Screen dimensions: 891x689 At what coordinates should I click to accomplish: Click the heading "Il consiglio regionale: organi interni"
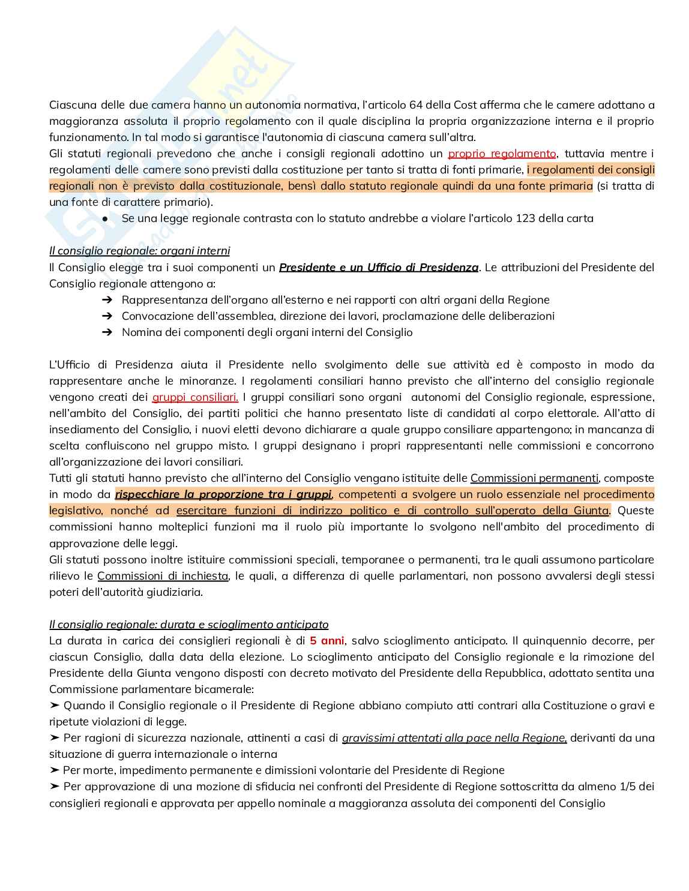coord(139,251)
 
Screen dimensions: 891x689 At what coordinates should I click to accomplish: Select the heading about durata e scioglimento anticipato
coord(188,625)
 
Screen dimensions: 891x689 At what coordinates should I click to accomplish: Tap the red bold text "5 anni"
coord(327,641)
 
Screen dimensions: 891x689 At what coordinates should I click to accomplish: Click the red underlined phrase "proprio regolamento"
coord(502,154)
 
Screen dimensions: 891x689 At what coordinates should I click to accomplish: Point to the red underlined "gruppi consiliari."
coord(195,397)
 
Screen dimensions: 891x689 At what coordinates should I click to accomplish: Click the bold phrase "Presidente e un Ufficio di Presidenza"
coord(379,267)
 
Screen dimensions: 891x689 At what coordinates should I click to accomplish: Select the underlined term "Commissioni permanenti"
coord(534,478)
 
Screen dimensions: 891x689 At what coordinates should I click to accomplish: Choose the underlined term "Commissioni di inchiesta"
coord(163,576)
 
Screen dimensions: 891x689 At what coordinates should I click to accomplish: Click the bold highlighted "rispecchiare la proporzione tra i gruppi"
coord(223,494)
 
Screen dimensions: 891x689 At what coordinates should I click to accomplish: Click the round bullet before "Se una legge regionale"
coord(105,219)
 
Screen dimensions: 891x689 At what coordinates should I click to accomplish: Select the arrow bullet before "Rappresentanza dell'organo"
coord(107,300)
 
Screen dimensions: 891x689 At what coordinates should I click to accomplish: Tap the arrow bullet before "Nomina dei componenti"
coord(107,332)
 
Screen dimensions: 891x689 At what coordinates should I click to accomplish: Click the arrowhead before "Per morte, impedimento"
coord(55,770)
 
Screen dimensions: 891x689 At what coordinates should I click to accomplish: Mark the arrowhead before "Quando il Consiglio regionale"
coord(55,706)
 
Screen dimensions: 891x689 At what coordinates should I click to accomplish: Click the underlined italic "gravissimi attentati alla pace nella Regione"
coord(454,738)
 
